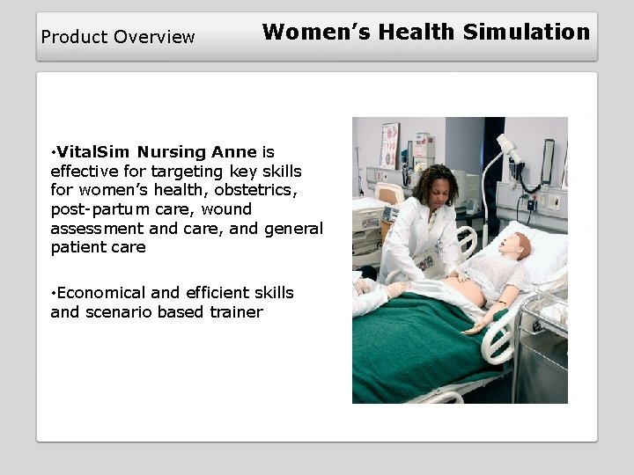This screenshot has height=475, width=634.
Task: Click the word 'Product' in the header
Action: pos(70,37)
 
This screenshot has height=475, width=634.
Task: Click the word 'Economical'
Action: pos(99,292)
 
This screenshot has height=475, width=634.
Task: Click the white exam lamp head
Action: pos(509,148)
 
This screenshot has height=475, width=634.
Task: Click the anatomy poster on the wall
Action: pos(389,145)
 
